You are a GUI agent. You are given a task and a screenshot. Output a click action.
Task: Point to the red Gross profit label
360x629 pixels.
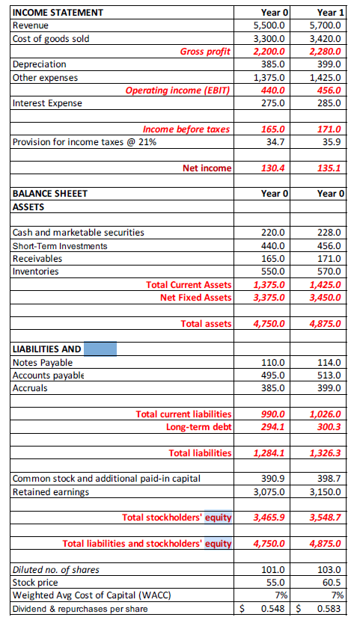[204, 51]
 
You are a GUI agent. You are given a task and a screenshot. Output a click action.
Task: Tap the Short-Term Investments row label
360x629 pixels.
[60, 245]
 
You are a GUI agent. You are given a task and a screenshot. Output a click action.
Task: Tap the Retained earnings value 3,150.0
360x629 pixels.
[326, 491]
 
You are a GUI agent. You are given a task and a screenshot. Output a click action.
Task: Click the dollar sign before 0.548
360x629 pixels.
[241, 609]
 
